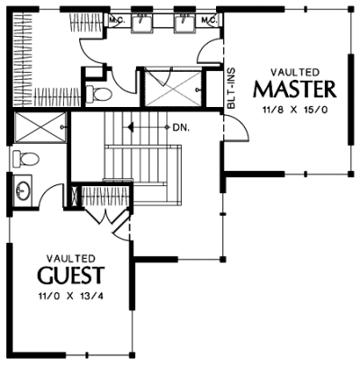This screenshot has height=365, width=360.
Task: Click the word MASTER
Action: pos(294,89)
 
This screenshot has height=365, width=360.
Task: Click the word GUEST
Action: pos(71,275)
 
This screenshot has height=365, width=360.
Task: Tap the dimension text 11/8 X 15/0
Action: pos(294,110)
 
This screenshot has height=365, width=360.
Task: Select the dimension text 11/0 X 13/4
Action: pos(71,297)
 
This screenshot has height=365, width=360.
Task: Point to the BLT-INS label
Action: pos(231,88)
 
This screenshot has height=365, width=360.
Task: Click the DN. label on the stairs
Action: pos(182,128)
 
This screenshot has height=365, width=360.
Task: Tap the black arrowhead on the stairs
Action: pos(130,128)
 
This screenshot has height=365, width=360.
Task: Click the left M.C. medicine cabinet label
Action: pos(115,21)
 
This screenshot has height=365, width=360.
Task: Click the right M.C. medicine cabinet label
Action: pos(209,21)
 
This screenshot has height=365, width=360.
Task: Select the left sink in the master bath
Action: pos(140,22)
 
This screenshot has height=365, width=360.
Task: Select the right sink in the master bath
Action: pos(184,22)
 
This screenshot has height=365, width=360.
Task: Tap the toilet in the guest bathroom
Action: pos(26,159)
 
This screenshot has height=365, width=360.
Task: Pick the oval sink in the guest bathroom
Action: pos(23,191)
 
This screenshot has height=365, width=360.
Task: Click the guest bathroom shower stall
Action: pos(40,128)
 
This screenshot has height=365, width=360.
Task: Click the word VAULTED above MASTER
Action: pos(294,72)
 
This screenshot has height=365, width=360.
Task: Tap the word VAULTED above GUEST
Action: pos(71,258)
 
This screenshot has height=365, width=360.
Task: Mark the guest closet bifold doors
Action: pos(105,217)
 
